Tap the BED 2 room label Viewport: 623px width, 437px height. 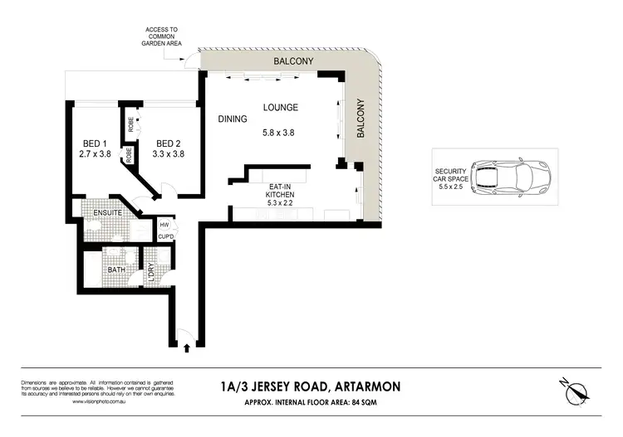pyautogui.click(x=169, y=141)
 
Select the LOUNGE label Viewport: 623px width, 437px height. pyautogui.click(x=281, y=108)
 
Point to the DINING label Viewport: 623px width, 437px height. pyautogui.click(x=233, y=119)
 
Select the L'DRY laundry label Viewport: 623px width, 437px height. pyautogui.click(x=151, y=273)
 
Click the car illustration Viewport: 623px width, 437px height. pyautogui.click(x=514, y=177)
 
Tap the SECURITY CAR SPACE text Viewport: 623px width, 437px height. pyautogui.click(x=449, y=177)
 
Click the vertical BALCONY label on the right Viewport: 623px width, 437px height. pyautogui.click(x=361, y=119)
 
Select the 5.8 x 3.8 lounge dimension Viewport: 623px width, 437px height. pyautogui.click(x=280, y=133)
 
